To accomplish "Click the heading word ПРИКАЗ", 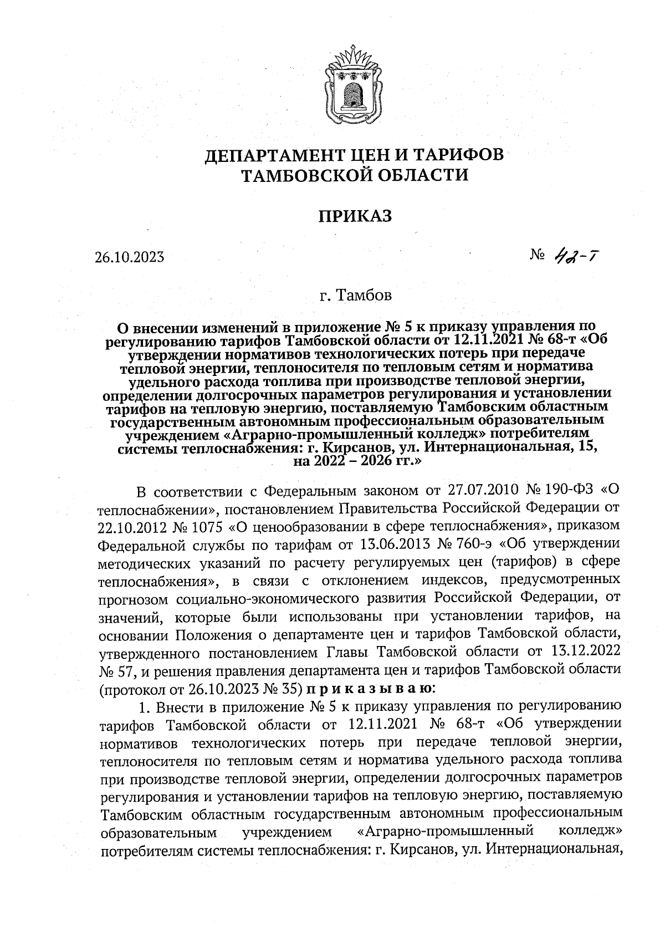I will (355, 216).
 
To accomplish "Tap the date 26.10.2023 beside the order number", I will (129, 257).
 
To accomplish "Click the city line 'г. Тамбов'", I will (355, 295).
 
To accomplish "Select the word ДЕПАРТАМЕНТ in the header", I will (267, 155).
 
